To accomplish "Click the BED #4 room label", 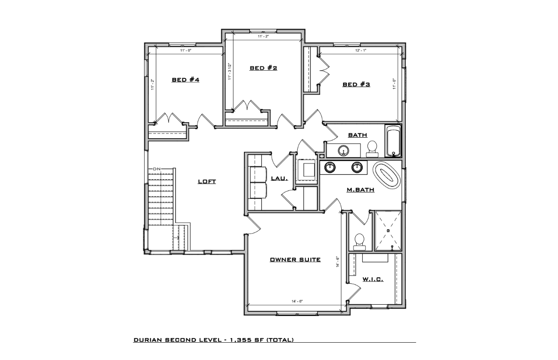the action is click(x=185, y=80).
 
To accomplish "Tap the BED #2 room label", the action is click(x=264, y=68).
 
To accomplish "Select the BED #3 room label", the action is click(x=356, y=84).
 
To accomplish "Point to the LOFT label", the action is click(x=207, y=182).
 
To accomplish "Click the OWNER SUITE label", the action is click(x=295, y=260).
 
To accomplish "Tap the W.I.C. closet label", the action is click(x=373, y=279).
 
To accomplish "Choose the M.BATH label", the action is click(x=360, y=190).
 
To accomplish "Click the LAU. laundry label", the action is click(x=279, y=178).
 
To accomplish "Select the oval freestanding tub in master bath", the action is click(x=386, y=176).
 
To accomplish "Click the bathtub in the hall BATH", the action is click(x=393, y=141).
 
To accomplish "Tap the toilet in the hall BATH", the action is click(x=372, y=149).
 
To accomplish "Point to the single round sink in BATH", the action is click(x=344, y=150).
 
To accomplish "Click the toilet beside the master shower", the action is click(x=360, y=242).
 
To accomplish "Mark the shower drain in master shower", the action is click(x=388, y=230).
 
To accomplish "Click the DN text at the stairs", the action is click(x=157, y=168).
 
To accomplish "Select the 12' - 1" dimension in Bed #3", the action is click(x=360, y=51).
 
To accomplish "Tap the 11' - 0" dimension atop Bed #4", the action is click(x=185, y=51).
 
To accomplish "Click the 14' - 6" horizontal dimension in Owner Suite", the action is click(x=297, y=301).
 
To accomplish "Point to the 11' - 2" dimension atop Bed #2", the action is click(x=264, y=37).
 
